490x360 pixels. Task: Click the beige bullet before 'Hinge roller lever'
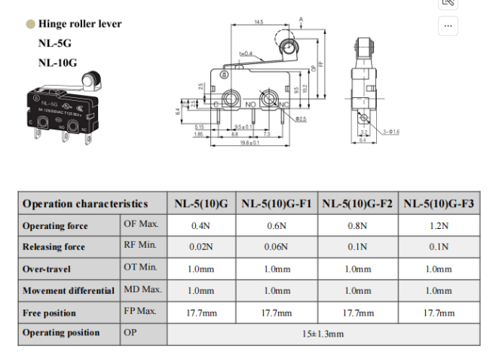click(x=30, y=24)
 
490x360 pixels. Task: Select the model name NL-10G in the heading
click(x=57, y=63)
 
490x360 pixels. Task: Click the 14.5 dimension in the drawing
click(x=259, y=23)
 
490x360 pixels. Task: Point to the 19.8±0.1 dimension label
click(x=250, y=142)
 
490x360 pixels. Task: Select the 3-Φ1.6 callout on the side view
click(x=391, y=131)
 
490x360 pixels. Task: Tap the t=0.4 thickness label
click(x=246, y=53)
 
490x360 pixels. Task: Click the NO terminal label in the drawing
click(x=249, y=105)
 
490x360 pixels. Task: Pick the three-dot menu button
click(x=449, y=26)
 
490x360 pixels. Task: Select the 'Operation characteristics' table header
click(x=84, y=203)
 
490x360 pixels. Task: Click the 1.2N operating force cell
click(x=439, y=225)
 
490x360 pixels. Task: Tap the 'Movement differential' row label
click(x=69, y=290)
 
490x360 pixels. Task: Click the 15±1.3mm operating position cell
click(x=323, y=333)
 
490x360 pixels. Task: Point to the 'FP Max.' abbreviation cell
click(x=141, y=310)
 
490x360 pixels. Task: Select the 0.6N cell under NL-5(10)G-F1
click(x=277, y=225)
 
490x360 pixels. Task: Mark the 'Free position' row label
click(x=50, y=312)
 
